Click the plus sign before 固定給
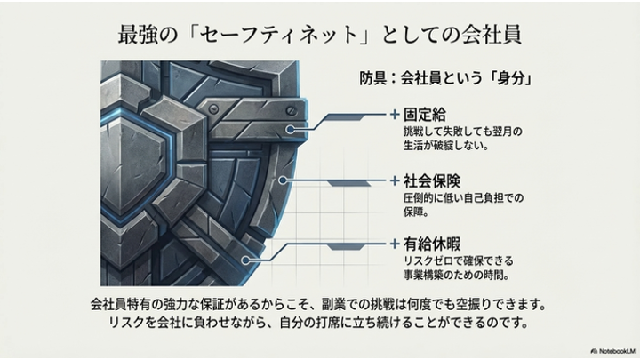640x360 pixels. pos(394,115)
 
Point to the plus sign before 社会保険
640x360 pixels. pos(394,180)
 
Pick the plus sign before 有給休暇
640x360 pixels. pos(394,242)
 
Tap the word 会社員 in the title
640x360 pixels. pos(487,35)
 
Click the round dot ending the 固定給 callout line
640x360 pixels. pos(290,131)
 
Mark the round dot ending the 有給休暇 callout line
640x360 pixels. pos(254,256)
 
